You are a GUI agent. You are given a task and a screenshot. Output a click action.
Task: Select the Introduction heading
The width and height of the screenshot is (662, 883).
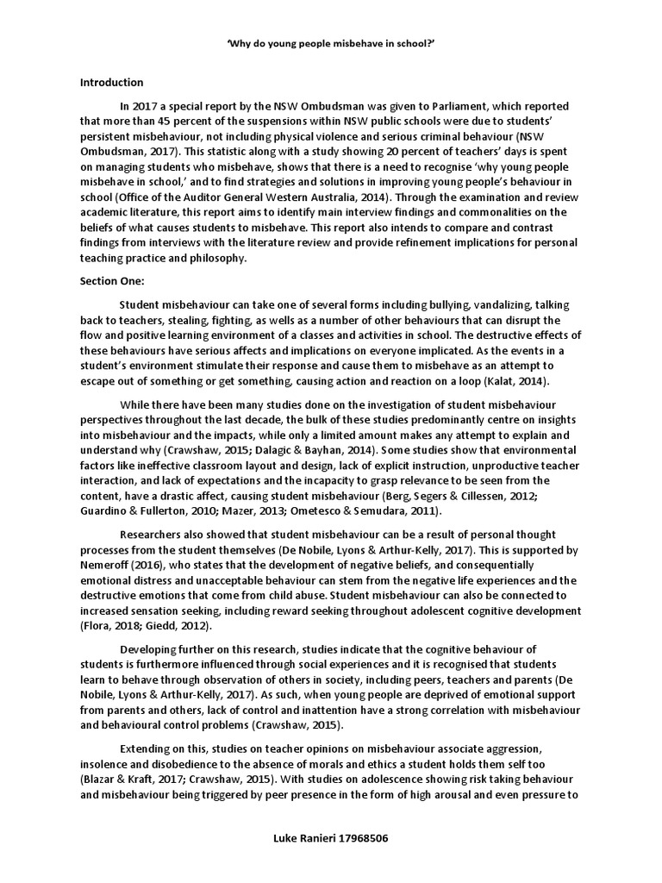click(x=112, y=83)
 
